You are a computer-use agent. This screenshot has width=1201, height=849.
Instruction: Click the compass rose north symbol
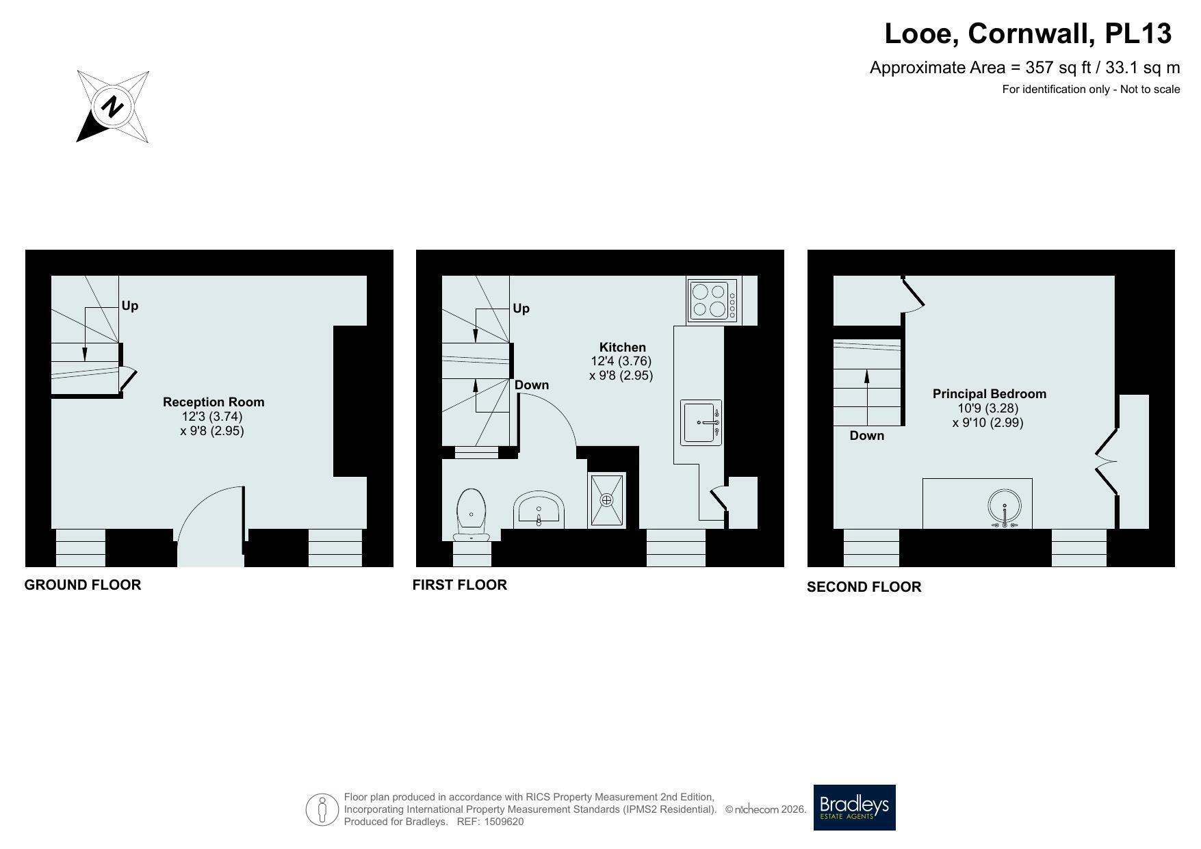[x=113, y=107]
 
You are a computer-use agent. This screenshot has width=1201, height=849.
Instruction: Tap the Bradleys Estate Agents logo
[x=854, y=807]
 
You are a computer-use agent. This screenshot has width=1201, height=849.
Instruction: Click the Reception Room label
[x=214, y=402]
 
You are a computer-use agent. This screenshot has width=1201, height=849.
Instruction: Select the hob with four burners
[x=713, y=300]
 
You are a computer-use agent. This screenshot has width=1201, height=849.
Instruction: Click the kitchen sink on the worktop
[x=701, y=422]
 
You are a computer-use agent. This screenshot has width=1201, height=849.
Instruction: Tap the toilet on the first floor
[x=472, y=514]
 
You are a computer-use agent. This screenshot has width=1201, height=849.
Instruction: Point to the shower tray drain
[x=606, y=500]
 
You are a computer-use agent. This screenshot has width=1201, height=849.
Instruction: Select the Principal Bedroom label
[x=990, y=394]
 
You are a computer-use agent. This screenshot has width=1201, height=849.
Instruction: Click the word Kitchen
[x=623, y=348]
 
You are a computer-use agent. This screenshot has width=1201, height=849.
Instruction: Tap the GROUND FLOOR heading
[x=83, y=585]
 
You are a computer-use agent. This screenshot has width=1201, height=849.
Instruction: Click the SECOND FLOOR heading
[x=864, y=587]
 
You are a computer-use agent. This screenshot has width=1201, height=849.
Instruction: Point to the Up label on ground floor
[x=130, y=306]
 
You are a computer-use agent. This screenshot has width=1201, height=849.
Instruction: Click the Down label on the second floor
[x=867, y=436]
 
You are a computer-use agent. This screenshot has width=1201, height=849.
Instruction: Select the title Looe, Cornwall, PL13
[x=1029, y=34]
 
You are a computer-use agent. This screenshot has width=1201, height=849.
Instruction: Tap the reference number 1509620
[x=504, y=822]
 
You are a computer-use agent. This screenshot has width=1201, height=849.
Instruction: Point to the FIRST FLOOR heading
[x=460, y=585]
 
